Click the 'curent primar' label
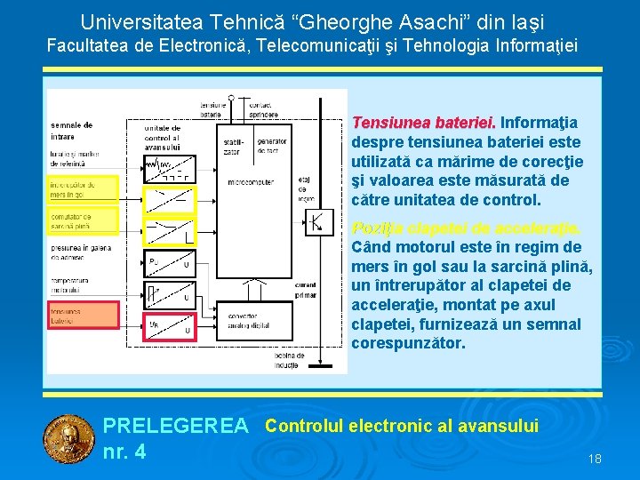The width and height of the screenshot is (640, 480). click(307, 298)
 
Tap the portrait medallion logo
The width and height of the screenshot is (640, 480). click(68, 439)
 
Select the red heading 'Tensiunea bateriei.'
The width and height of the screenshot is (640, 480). click(424, 123)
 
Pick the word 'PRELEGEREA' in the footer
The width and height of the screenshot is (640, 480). click(175, 427)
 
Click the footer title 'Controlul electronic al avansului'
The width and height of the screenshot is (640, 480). click(402, 426)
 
